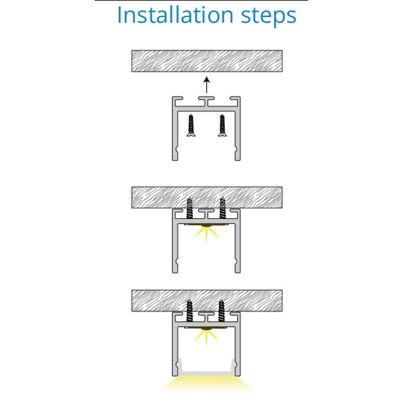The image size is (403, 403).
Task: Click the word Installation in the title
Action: point(175,15)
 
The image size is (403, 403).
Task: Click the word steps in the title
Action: point(269,17)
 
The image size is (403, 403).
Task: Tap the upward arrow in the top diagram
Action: point(207,85)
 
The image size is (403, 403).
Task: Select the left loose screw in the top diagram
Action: point(191,125)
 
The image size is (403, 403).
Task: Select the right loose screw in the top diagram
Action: point(222,125)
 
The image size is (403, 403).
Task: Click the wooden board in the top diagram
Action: point(207,61)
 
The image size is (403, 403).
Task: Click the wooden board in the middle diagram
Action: point(207,197)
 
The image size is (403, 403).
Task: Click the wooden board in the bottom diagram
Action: point(207,301)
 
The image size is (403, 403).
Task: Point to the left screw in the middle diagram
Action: point(190,208)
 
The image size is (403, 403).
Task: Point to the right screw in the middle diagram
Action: point(223,208)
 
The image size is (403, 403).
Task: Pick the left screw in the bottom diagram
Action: point(189,311)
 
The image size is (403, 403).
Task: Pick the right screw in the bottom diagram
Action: point(221,311)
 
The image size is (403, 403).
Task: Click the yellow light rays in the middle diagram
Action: point(207,234)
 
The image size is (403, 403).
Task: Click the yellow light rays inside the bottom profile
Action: point(207,338)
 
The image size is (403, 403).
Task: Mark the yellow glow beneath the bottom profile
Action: point(207,384)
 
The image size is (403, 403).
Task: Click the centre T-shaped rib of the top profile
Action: point(206,101)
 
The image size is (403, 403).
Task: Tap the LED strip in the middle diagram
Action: point(207,225)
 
